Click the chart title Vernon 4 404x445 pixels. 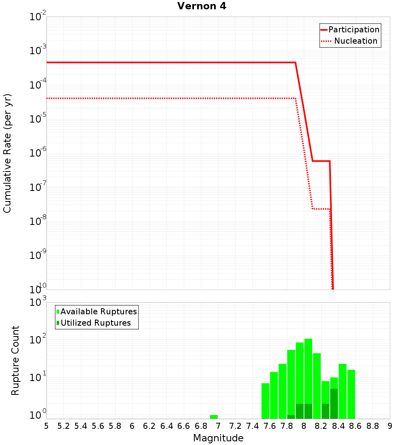point(202,6)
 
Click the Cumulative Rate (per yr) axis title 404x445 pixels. point(7,153)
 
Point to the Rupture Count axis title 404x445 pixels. point(15,360)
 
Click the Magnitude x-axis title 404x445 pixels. point(218,438)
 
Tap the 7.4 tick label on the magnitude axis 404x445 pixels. point(253,426)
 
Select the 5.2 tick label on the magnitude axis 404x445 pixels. point(63,426)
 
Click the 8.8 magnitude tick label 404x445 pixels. point(372,426)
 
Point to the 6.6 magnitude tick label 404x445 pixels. point(184,426)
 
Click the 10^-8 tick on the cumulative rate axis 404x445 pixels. point(38,221)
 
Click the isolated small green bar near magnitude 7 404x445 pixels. point(214,417)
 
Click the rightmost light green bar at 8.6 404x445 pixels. point(351,394)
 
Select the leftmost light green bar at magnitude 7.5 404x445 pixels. point(265,400)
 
